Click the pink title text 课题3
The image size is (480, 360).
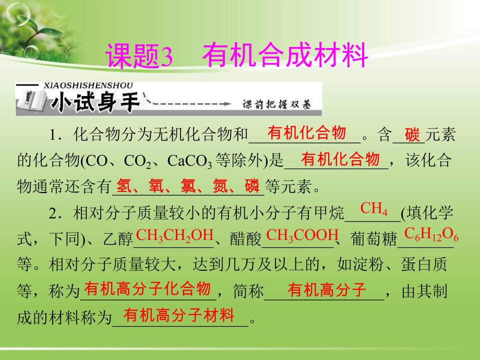point(139,56)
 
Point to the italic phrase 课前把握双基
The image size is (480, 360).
point(275,104)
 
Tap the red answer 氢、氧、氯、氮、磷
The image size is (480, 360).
point(188,185)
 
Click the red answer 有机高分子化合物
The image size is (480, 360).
point(148,289)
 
